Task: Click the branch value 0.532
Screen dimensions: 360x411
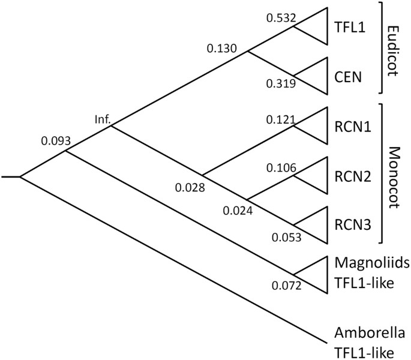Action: point(282,19)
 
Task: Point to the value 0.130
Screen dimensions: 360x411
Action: point(221,46)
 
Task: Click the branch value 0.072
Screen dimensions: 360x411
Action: point(286,285)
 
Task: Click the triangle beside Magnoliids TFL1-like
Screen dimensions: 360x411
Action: point(315,275)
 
